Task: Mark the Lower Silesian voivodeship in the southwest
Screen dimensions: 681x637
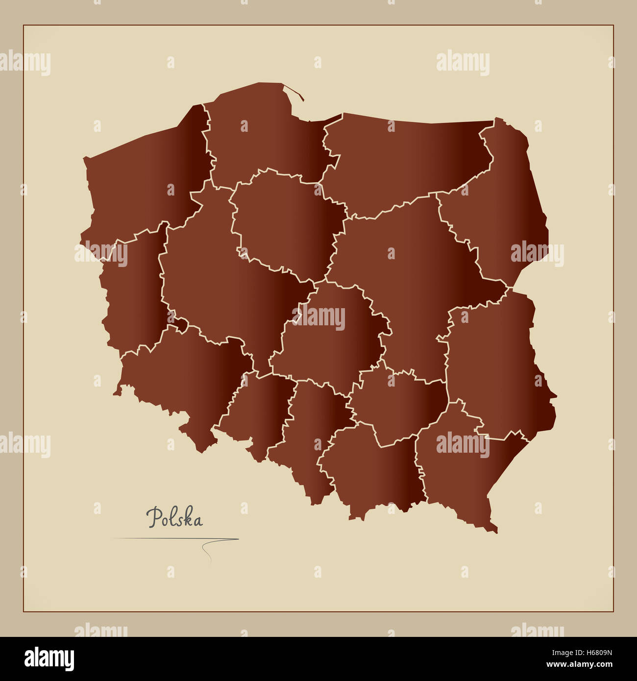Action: [186, 377]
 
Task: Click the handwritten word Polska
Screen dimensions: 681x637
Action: [174, 518]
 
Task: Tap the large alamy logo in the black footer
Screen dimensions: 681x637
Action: [49, 659]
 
